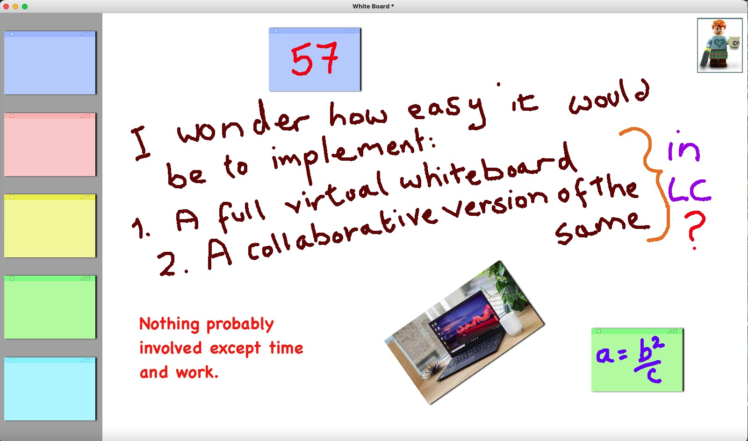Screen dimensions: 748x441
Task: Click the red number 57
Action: tap(314, 59)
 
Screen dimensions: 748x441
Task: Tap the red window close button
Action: tap(6, 7)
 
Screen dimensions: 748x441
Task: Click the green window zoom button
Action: tap(25, 7)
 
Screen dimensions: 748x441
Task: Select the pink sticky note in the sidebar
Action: tap(50, 144)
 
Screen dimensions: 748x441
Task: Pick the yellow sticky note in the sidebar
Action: tap(50, 226)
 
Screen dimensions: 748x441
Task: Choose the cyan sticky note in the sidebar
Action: tap(50, 389)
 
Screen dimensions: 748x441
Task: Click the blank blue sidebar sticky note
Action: tap(50, 63)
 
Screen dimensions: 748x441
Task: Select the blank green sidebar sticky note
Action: tap(50, 307)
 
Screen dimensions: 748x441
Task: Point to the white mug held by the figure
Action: tap(734, 43)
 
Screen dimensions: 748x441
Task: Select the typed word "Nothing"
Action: tap(169, 324)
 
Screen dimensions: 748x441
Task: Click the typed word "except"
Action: tap(235, 349)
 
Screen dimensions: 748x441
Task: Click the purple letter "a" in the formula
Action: tap(605, 354)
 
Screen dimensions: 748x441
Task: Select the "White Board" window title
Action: tap(371, 7)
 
